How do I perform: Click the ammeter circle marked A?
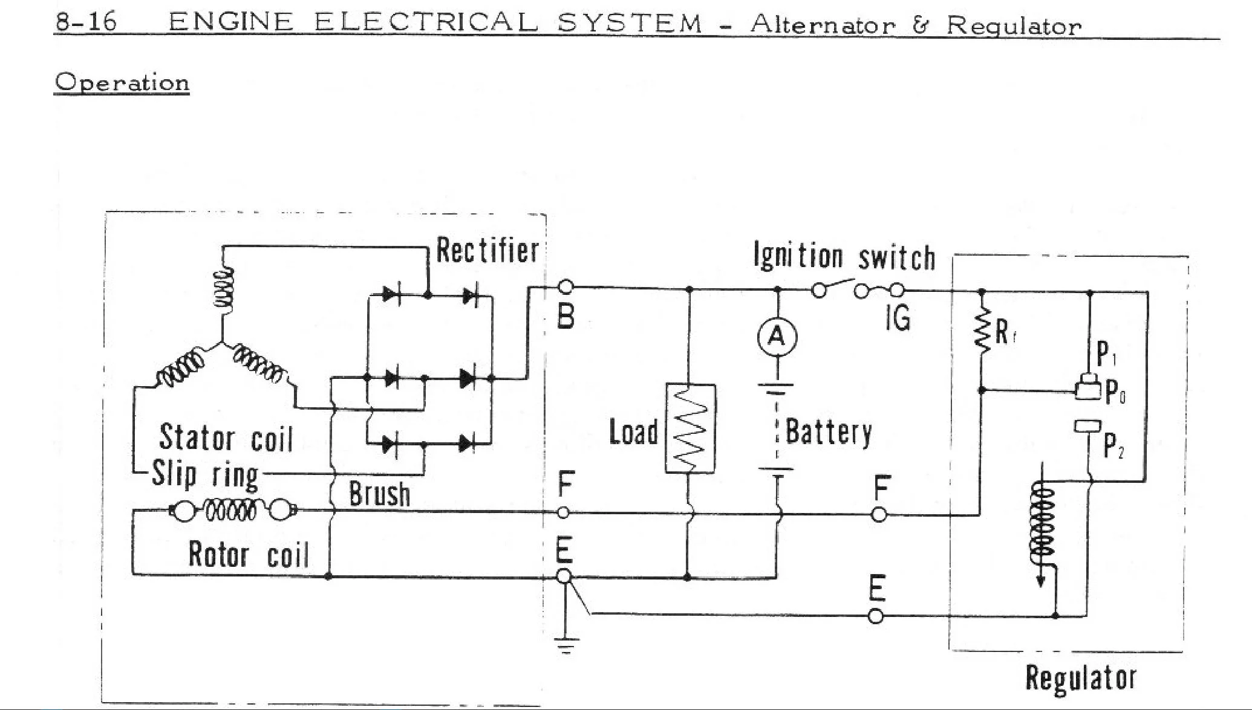tap(777, 337)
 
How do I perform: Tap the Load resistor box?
tap(690, 428)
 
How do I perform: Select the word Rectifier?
tap(487, 250)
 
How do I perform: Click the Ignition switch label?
tap(844, 256)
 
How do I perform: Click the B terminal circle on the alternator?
tap(565, 288)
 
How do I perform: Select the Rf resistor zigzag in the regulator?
tap(982, 330)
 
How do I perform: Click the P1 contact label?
tap(1106, 354)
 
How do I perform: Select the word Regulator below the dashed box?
tap(1081, 677)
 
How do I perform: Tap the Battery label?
tap(829, 431)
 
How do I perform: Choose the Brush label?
tap(379, 494)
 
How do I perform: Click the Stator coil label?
tap(226, 437)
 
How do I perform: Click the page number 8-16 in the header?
tap(86, 22)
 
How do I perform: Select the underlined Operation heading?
tap(122, 82)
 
